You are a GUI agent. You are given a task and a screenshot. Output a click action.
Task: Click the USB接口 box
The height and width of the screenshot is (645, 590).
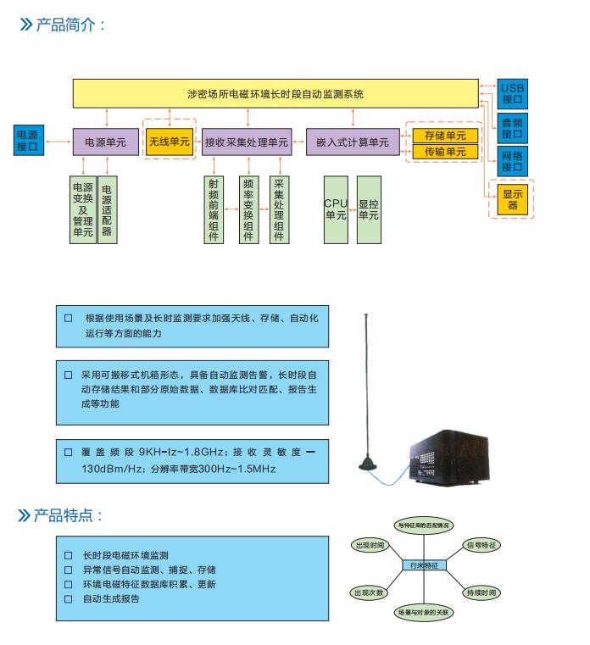click(x=512, y=93)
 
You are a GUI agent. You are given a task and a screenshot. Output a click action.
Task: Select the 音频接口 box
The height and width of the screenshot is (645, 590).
click(x=512, y=127)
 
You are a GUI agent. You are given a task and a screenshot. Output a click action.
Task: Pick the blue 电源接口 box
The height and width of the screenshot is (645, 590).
click(x=27, y=141)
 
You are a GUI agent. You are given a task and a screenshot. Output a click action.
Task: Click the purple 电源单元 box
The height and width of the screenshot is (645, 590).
click(x=105, y=142)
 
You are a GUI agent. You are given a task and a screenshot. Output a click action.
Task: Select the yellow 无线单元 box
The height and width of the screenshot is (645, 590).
click(x=170, y=142)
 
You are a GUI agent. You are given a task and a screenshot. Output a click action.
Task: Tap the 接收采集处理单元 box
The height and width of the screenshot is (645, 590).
click(x=247, y=142)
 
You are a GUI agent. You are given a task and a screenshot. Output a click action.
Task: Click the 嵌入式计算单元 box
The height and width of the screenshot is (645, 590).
click(x=353, y=142)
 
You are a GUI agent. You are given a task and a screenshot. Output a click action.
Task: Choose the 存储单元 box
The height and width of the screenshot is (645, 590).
click(x=445, y=136)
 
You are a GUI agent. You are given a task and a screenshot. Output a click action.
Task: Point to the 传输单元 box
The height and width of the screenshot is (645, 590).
click(x=445, y=152)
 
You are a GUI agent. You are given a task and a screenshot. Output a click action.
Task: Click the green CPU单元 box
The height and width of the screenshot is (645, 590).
click(x=336, y=209)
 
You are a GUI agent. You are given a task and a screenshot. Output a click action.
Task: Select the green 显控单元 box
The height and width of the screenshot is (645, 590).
click(x=369, y=209)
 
